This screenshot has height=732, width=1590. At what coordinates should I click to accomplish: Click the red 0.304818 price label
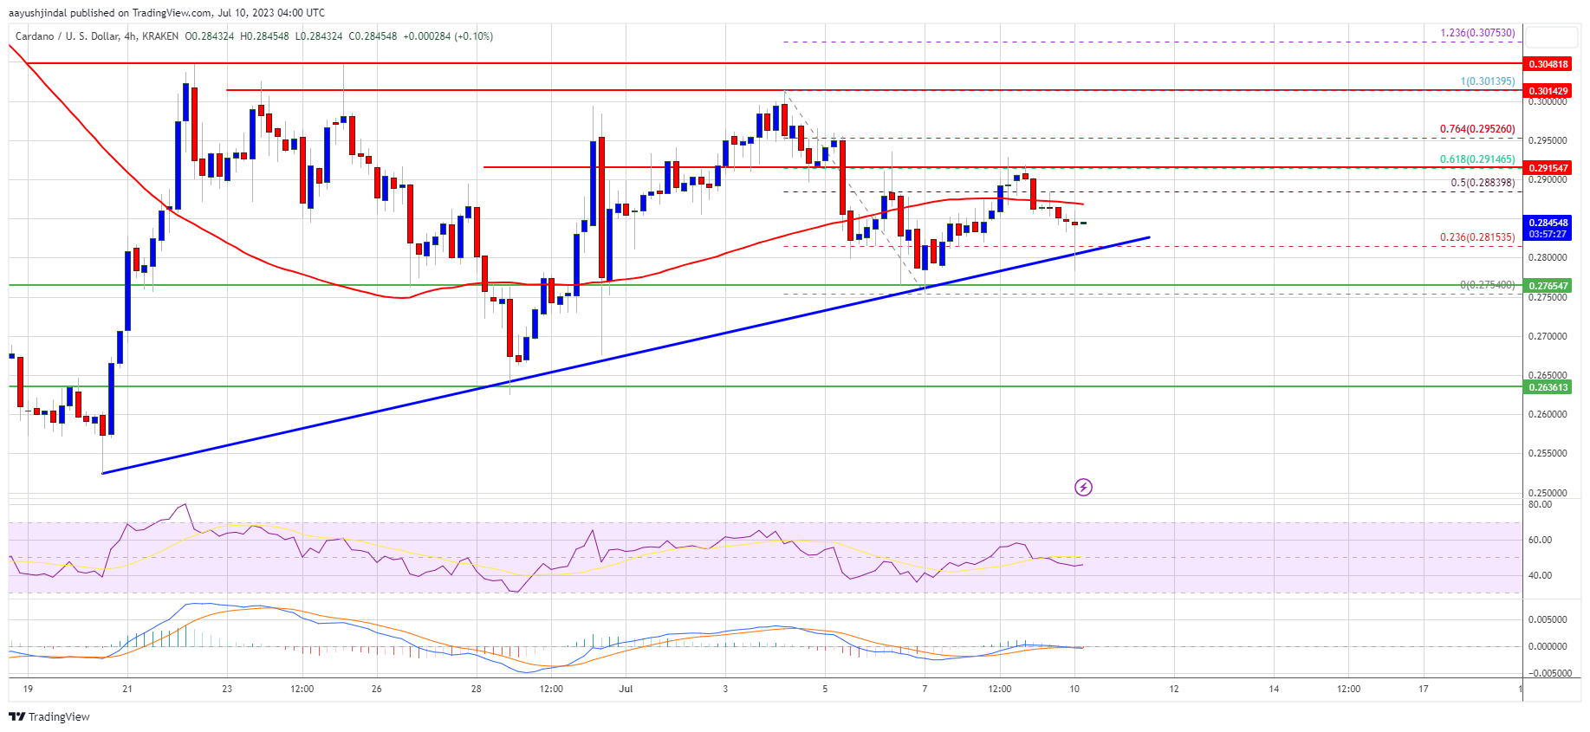(x=1548, y=64)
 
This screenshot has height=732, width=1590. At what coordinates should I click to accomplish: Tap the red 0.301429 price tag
(x=1548, y=91)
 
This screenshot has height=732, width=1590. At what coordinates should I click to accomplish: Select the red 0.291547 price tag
(x=1548, y=168)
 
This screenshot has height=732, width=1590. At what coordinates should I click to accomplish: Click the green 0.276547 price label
(x=1548, y=286)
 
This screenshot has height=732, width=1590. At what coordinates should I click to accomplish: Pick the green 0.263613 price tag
(x=1548, y=387)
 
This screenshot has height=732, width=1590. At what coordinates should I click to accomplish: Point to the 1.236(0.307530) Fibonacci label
(x=1477, y=33)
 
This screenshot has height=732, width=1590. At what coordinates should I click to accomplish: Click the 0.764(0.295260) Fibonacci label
(x=1477, y=129)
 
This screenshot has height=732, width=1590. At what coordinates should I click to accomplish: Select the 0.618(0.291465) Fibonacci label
(x=1477, y=159)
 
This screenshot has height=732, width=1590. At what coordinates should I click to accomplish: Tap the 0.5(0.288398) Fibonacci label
(x=1483, y=183)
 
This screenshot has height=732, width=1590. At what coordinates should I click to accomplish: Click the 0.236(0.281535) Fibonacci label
(x=1477, y=237)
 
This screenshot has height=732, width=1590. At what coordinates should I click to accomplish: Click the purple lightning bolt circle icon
(x=1083, y=488)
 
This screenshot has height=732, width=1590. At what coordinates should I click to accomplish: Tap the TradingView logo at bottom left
(x=49, y=716)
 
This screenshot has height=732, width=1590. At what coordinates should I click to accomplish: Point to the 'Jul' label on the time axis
(x=626, y=689)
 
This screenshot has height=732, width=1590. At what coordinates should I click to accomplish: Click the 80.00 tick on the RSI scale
(x=1540, y=504)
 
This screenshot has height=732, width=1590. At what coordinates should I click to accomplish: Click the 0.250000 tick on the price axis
(x=1547, y=493)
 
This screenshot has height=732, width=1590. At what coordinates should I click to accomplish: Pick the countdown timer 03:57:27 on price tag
(x=1548, y=234)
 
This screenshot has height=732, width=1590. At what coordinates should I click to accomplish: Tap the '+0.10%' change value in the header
(x=473, y=36)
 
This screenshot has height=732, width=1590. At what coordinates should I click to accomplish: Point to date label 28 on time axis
(x=477, y=689)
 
